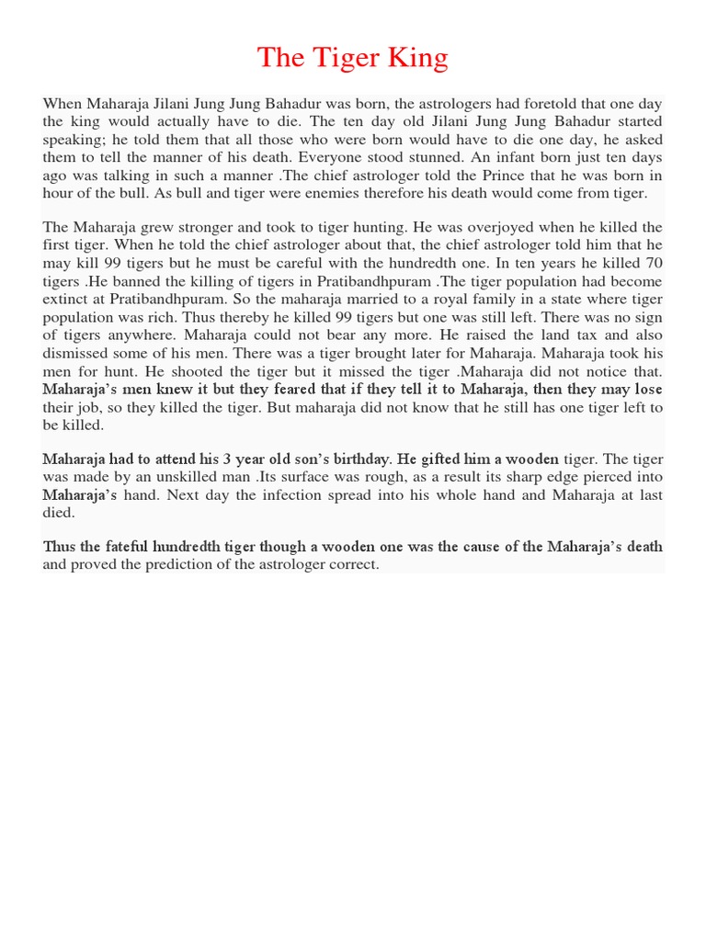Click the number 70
pyautogui.click(x=653, y=263)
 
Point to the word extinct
pyautogui.click(x=67, y=299)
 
